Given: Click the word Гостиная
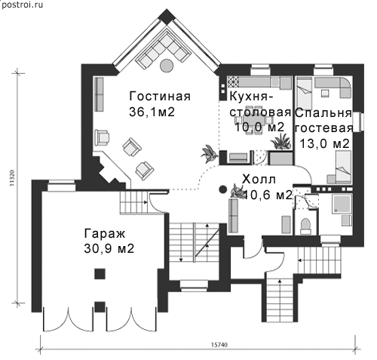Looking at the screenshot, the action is [x=160, y=97].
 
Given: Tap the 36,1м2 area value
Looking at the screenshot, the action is [x=152, y=112].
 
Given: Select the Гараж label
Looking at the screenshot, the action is [x=105, y=234].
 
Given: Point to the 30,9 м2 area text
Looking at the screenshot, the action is [x=109, y=249].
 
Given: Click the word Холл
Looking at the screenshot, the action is [x=259, y=180].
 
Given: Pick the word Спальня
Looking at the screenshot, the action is [x=323, y=113].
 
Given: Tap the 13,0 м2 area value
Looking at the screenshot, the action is [x=325, y=143].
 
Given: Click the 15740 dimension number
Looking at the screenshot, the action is [x=219, y=345].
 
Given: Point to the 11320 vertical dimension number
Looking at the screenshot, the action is [x=13, y=178].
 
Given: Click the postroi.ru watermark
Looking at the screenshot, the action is [x=22, y=5].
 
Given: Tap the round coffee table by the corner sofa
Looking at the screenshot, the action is [x=167, y=66].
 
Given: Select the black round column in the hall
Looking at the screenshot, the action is [x=222, y=189].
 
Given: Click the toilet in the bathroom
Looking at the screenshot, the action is [x=305, y=225].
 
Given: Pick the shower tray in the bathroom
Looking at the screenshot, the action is [x=342, y=204].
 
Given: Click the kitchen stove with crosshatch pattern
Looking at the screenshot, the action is [x=233, y=82].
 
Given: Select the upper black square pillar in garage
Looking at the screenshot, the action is [x=100, y=274].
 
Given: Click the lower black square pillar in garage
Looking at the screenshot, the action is [x=100, y=306].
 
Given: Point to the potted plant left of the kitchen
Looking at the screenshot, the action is [x=209, y=153].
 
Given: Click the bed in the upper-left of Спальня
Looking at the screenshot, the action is [x=305, y=94].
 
